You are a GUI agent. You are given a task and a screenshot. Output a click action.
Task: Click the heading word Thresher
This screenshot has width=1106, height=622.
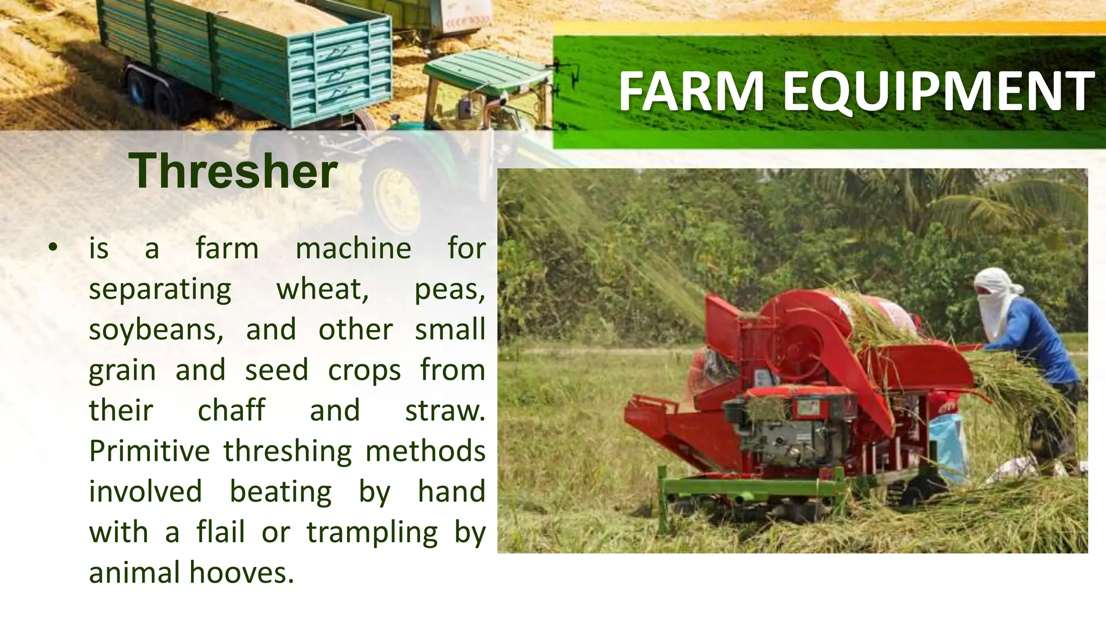click(233, 171)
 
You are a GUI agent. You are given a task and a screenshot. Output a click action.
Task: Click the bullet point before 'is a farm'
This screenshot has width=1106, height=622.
click(52, 248)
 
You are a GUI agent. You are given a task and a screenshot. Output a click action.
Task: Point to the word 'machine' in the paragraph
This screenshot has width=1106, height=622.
click(353, 249)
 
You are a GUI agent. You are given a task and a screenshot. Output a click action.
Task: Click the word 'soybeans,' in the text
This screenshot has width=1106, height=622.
click(156, 330)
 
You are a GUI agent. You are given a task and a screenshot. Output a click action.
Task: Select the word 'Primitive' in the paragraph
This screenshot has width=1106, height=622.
click(150, 451)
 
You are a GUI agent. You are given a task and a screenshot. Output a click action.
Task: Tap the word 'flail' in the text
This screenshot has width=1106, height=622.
click(221, 532)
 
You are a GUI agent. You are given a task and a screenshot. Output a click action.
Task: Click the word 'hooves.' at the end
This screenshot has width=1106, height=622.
click(242, 573)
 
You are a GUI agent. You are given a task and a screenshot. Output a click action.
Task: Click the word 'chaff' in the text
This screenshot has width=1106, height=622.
click(231, 410)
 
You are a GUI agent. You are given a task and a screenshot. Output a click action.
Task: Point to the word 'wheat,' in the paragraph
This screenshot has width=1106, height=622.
click(322, 290)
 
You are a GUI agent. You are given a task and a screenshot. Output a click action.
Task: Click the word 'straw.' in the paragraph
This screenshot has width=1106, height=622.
click(444, 411)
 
